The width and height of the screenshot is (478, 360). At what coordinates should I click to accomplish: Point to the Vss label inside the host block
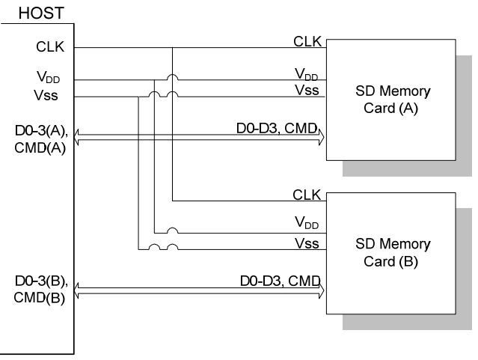coord(46,95)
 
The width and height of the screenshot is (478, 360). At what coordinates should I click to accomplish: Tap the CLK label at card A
coord(307,40)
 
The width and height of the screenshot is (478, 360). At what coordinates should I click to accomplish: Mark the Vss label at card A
coord(307,90)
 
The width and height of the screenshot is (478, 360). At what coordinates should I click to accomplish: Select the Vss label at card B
coord(307,242)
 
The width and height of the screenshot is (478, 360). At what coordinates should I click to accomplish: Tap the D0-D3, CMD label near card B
coord(278,281)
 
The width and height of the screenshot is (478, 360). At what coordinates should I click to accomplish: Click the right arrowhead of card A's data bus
coord(319,135)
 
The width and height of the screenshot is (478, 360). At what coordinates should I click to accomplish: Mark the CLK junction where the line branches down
coord(172,48)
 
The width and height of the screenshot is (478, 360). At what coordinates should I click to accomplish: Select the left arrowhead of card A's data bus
coord(79,135)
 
